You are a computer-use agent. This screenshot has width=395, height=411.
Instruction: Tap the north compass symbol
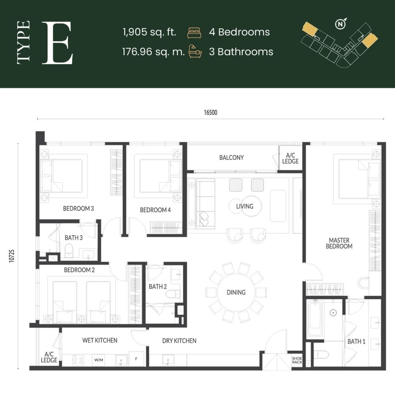point(340,24)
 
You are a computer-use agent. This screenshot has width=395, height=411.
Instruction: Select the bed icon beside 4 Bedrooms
point(194,33)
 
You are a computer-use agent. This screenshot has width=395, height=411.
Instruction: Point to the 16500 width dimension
point(210,113)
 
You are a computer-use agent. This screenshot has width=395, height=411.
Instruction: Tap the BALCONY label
point(231,158)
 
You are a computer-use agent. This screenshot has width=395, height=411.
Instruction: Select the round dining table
point(236,292)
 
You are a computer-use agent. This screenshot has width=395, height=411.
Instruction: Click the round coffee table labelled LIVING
point(244,206)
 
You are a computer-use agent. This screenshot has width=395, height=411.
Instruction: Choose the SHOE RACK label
point(297,360)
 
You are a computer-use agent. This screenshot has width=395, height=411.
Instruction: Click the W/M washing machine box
point(99,360)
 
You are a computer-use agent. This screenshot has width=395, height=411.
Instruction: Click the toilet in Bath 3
point(69,250)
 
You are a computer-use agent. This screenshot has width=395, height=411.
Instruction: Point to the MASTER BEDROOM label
point(339,243)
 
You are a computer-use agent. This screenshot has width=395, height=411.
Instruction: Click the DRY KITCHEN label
point(179,341)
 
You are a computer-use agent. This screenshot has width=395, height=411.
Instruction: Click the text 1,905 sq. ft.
point(149,33)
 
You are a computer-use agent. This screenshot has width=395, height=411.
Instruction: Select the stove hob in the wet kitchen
point(78,360)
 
